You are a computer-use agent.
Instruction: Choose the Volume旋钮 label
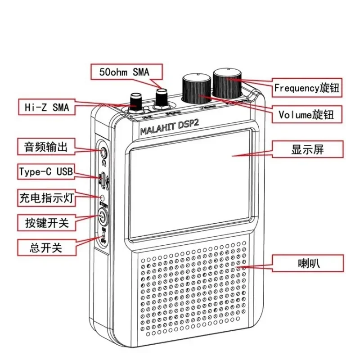pyautogui.click(x=306, y=114)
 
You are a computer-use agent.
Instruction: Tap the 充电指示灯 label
pyautogui.click(x=46, y=197)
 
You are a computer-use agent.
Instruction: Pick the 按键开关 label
pyautogui.click(x=46, y=222)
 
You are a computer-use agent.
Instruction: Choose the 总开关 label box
pyautogui.click(x=46, y=247)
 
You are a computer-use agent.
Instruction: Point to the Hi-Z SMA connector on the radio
pyautogui.click(x=135, y=102)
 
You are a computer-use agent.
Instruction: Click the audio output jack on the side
pyautogui.click(x=103, y=152)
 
